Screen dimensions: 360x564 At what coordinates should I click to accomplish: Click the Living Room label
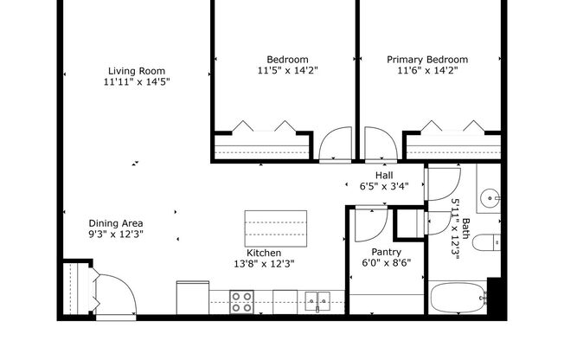(136, 71)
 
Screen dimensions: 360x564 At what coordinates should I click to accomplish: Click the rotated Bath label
(465, 228)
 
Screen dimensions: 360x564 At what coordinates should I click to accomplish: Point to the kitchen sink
(317, 300)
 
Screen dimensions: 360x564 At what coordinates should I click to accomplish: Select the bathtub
(458, 300)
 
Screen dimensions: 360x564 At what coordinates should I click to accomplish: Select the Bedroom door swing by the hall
(336, 144)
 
